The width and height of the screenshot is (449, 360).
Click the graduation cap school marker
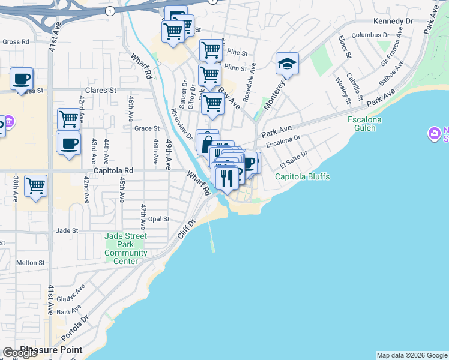(x=288, y=64)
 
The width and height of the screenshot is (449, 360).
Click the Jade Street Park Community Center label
(x=126, y=248)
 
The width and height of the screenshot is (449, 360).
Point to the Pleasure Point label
(x=51, y=349)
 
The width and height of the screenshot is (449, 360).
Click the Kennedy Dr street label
(x=393, y=21)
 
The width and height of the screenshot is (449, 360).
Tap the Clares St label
(x=100, y=91)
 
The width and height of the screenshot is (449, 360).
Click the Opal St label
(x=160, y=220)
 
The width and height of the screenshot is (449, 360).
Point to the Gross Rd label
(x=16, y=42)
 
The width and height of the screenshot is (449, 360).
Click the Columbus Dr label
(x=371, y=35)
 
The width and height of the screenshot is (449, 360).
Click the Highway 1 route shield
(x=110, y=11)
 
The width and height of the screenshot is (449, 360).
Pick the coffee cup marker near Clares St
(x=22, y=79)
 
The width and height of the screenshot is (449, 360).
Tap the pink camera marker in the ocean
(x=434, y=133)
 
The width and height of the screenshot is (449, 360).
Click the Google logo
(x=20, y=353)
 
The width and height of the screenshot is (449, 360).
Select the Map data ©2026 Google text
(x=412, y=355)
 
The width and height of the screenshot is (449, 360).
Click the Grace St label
(x=146, y=128)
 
